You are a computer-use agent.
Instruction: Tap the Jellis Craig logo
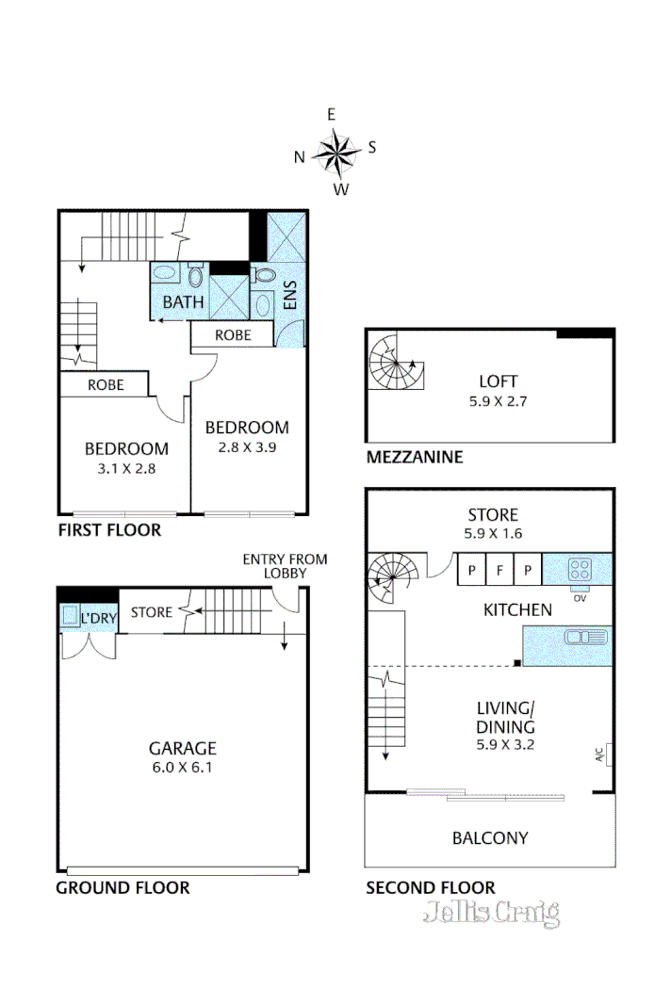coord(492,913)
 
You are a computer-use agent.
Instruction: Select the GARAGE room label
coord(182,749)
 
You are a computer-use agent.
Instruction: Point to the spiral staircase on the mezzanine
coord(395,364)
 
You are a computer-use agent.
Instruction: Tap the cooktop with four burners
coord(580,570)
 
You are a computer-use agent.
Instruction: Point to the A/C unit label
coord(599,754)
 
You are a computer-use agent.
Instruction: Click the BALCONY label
coord(490,837)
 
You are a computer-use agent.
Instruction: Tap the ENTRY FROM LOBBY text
coord(285,565)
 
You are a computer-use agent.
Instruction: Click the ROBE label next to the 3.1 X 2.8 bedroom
coord(104,385)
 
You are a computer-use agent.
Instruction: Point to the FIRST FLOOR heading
coord(109,530)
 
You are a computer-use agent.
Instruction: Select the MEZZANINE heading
coord(414,458)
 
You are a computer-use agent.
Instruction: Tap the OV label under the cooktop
coord(579,595)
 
